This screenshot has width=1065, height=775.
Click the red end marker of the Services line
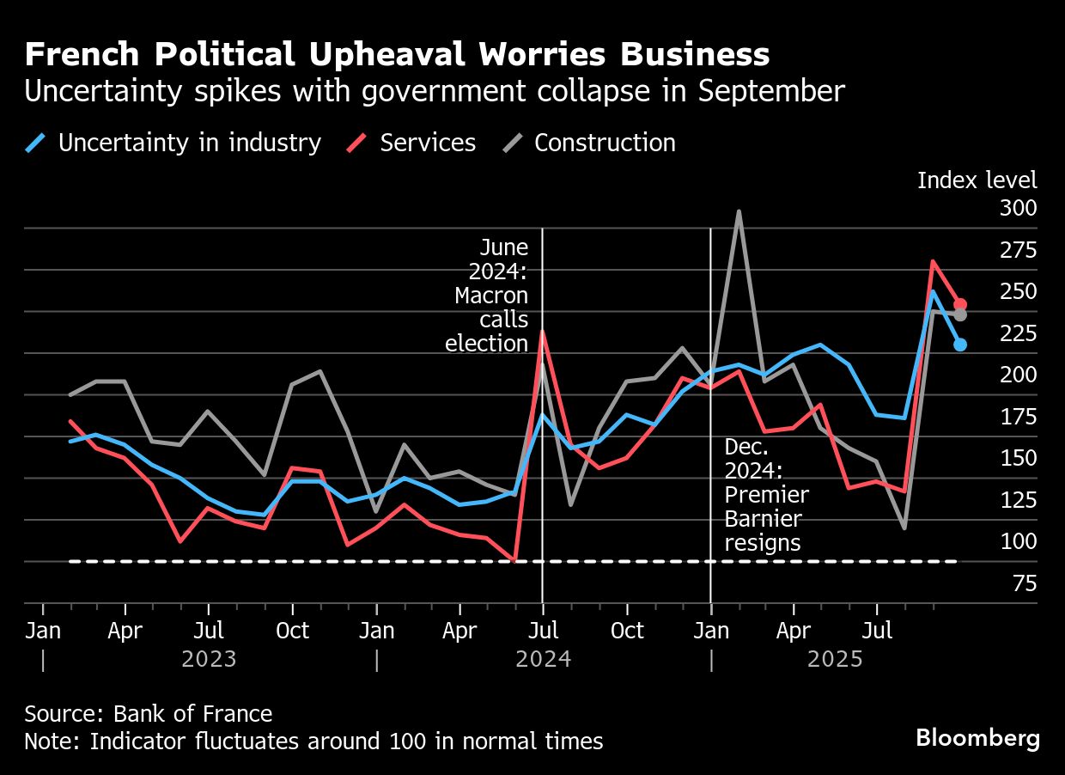click(x=960, y=304)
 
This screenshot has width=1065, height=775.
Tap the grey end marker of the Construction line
click(x=960, y=315)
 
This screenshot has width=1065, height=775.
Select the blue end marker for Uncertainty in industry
click(x=960, y=345)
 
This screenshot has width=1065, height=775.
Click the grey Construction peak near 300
click(x=739, y=211)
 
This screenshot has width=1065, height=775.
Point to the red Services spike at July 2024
click(x=542, y=332)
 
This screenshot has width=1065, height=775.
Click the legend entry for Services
click(x=416, y=143)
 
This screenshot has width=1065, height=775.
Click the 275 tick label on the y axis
click(x=1019, y=250)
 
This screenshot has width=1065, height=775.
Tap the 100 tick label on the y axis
click(x=1019, y=542)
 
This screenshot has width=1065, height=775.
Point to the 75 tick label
click(x=1025, y=584)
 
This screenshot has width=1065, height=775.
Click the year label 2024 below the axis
click(x=543, y=660)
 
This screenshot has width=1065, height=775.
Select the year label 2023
click(x=209, y=660)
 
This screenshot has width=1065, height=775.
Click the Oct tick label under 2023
click(x=292, y=632)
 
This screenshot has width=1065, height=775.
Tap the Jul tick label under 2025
click(x=876, y=632)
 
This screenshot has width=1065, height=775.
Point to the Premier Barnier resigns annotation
click(x=766, y=495)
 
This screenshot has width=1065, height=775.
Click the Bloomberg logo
click(x=977, y=737)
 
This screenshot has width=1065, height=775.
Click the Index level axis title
click(x=977, y=180)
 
